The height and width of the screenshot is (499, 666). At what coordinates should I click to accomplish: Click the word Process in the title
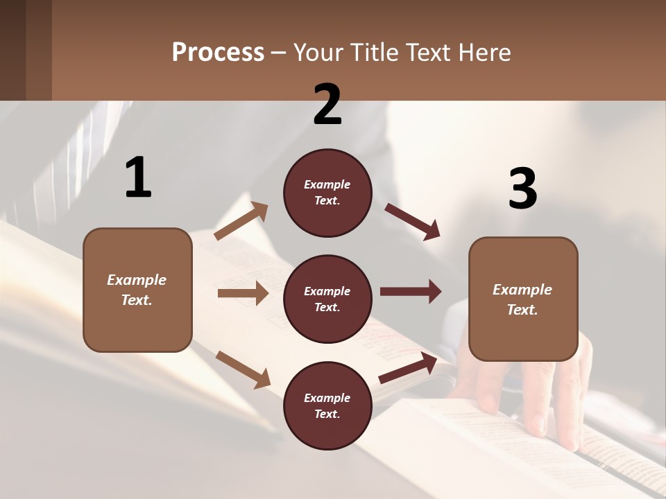tap(218, 53)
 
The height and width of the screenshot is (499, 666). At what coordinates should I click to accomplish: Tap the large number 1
tap(138, 178)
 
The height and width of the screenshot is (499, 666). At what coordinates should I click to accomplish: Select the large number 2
tap(327, 105)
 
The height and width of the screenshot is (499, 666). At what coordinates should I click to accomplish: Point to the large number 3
tap(522, 189)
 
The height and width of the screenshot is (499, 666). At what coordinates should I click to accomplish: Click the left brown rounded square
tap(137, 290)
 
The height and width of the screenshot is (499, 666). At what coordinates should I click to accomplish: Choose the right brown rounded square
tap(523, 299)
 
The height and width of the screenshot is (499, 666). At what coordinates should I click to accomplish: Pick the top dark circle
tap(327, 193)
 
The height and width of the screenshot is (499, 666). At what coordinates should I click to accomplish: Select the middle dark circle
tap(327, 299)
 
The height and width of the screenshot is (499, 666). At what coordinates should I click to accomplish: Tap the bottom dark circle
tap(327, 405)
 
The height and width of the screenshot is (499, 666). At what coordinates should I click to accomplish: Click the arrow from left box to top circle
tap(241, 221)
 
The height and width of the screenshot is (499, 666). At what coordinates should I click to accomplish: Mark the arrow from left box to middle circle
tap(243, 293)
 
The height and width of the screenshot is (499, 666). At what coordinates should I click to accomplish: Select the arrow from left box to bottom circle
tap(243, 369)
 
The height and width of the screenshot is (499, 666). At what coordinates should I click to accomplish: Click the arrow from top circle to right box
tap(413, 222)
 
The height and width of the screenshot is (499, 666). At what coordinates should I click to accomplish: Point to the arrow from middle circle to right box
tap(411, 291)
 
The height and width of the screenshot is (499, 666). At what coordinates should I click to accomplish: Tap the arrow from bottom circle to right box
tap(408, 368)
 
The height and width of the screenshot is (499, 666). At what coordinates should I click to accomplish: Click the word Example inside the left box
tap(137, 280)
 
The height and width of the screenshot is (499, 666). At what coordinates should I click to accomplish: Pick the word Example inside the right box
tap(522, 290)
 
